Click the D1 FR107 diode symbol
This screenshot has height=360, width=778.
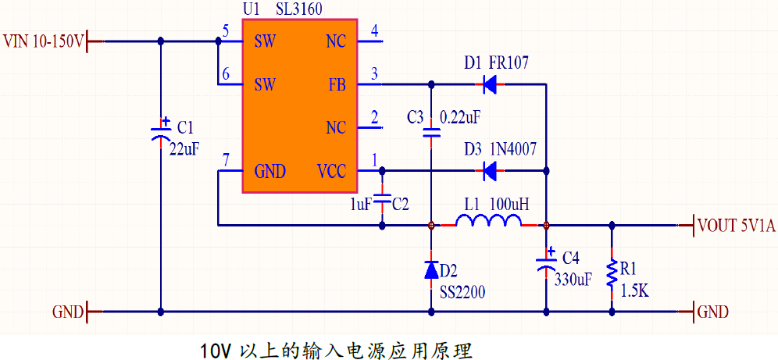point(490,85)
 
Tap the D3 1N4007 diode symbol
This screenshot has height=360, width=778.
point(490,171)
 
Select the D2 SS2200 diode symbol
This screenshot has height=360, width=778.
point(431,269)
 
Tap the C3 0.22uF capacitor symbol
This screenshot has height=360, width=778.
point(431,133)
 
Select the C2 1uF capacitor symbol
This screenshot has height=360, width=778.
point(382,199)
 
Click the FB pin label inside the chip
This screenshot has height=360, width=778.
point(337,85)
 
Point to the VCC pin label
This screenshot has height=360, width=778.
point(331,172)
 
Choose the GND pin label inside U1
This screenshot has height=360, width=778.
point(270,172)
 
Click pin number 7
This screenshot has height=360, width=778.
point(226,160)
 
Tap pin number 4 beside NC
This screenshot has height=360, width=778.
point(374,30)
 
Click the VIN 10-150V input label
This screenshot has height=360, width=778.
point(44,41)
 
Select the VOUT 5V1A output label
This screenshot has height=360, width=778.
point(736,226)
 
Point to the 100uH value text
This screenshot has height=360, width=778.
point(509,204)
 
